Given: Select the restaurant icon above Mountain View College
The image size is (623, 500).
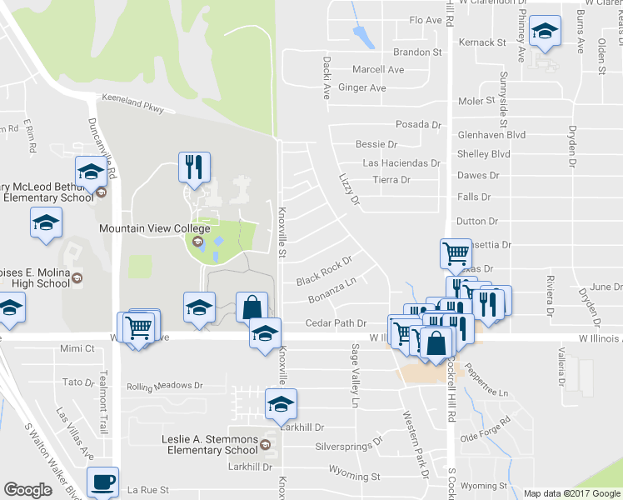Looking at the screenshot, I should tap(193, 167).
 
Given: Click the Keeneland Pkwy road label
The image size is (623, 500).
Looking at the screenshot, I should tap(133, 102).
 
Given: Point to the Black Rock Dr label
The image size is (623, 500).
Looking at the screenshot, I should tap(325, 270).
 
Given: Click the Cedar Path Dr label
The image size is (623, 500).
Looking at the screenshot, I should tap(336, 322).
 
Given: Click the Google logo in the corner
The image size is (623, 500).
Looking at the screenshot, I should tap(27, 489).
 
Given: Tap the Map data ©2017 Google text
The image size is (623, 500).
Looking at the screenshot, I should tap(571, 493).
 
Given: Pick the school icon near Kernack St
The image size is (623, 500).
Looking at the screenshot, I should tap(546, 32).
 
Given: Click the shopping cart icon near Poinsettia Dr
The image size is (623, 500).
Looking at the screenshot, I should tap(455, 252).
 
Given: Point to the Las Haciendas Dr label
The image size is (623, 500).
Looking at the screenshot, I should tap(401, 163).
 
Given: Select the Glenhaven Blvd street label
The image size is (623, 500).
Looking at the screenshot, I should tap(491, 134).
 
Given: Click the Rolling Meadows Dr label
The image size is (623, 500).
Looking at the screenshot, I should tap(165, 387).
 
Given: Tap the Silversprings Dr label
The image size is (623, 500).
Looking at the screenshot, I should tap(348, 446).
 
